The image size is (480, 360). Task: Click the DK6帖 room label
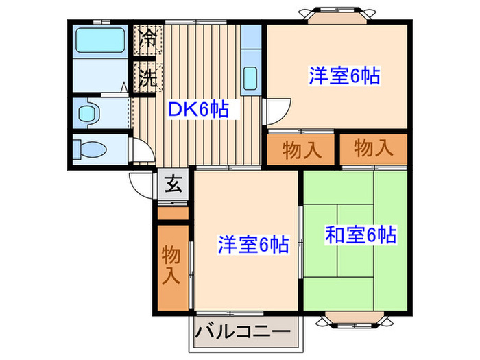pos(198,108)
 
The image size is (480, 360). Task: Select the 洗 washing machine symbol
pos(147,77)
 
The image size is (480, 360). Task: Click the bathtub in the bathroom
pos(99,41)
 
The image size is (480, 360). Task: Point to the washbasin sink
pos(88,112)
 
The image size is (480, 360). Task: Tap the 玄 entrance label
pos(173,185)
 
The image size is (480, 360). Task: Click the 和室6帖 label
pos(360,236)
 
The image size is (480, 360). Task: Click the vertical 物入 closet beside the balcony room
pos(171,265)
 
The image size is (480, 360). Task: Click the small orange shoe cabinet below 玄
pos(173,213)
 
